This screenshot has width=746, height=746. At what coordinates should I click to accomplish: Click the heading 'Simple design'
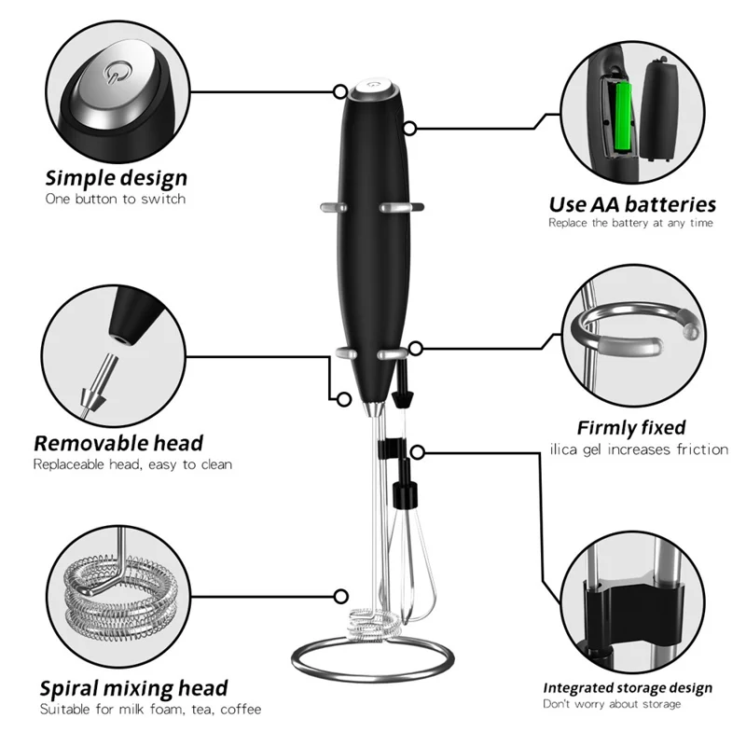(x=117, y=177)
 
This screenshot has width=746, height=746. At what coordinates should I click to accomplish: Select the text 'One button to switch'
(x=116, y=199)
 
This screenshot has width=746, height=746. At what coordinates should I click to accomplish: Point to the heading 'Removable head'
(x=118, y=442)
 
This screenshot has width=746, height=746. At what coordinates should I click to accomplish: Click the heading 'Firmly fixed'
(x=631, y=428)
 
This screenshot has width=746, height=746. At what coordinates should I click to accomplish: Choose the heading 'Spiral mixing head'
(x=133, y=688)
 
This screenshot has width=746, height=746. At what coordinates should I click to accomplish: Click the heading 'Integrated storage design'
(x=628, y=688)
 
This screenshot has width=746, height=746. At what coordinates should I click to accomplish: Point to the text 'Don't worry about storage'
(x=614, y=706)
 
